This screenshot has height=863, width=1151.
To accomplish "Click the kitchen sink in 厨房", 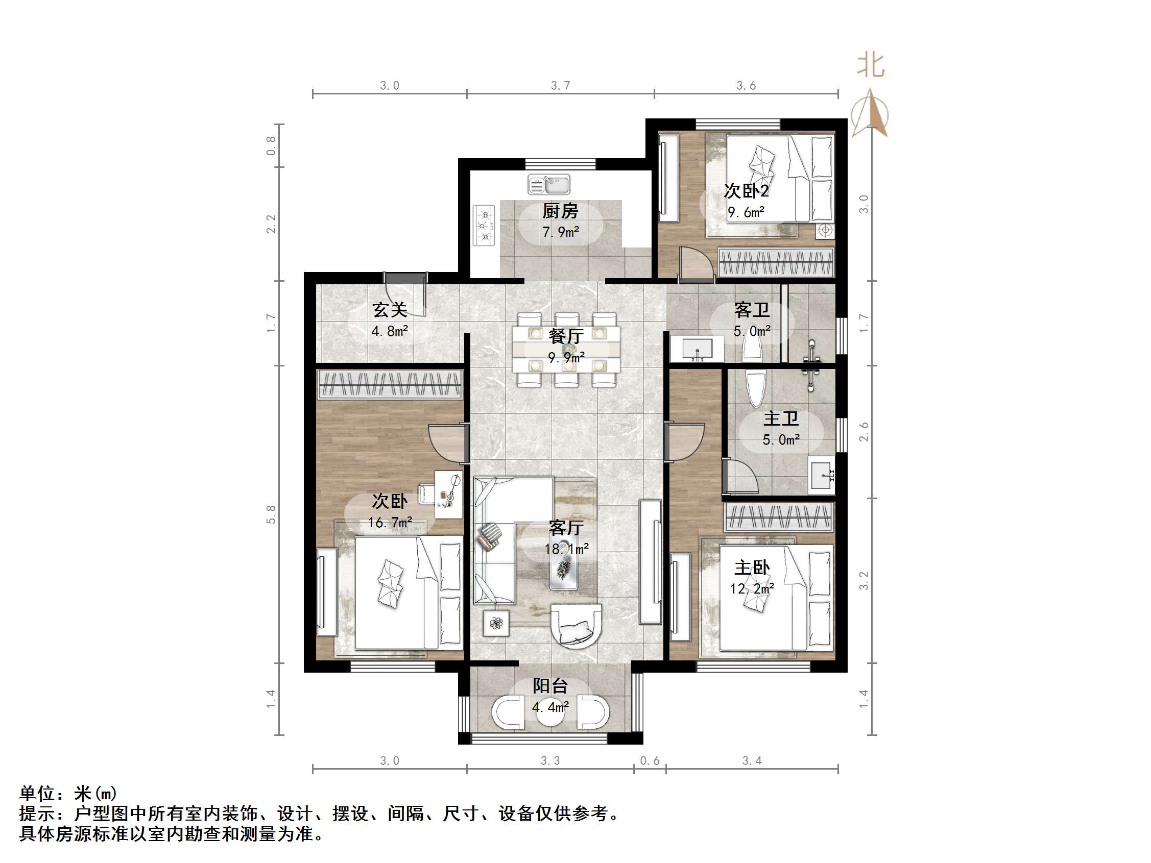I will (x=548, y=184).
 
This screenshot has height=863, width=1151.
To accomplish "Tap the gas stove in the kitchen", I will (x=484, y=225).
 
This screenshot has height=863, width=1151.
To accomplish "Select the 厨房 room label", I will (x=560, y=211).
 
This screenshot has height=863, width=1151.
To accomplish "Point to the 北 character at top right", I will (x=871, y=66).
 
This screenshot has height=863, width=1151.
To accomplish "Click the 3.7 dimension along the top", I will (x=560, y=85).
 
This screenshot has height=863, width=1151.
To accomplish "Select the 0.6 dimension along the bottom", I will (x=650, y=761).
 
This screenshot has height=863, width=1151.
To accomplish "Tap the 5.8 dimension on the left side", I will (x=271, y=514).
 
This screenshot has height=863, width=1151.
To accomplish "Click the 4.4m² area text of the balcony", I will (x=550, y=707).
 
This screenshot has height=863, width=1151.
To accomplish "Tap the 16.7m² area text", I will (x=390, y=522).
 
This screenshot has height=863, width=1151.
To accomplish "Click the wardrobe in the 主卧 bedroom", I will (x=779, y=516).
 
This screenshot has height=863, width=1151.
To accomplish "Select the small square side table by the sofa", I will (x=496, y=623).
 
